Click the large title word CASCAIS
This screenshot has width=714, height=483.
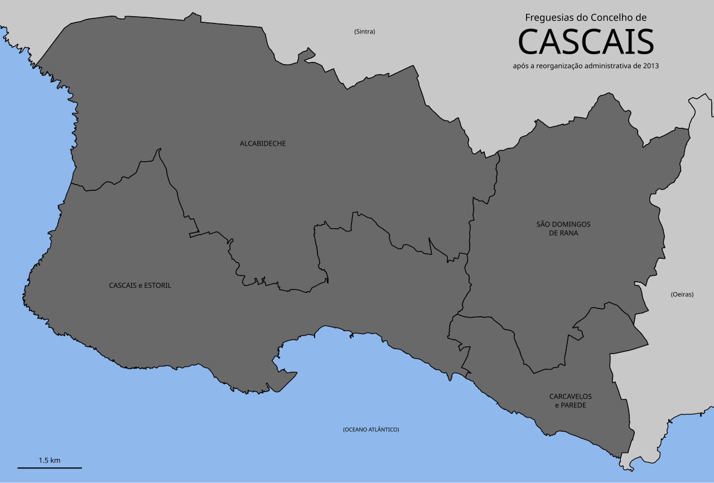pos(586,42)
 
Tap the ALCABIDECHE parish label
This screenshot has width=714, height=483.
pos(263,144)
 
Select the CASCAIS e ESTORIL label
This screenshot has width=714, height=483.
pos(140,286)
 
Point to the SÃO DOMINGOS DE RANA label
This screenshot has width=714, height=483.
pos(563,229)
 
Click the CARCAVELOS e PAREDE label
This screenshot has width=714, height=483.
pos(571,400)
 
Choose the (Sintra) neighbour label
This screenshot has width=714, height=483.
pos(365,32)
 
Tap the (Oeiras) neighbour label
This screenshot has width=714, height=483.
pos(682,294)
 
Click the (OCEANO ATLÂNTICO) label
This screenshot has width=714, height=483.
pos(371,429)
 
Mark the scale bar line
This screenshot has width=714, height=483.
pos(50,467)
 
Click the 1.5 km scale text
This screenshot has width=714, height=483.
pos(50,461)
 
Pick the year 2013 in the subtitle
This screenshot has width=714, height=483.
pos(650,66)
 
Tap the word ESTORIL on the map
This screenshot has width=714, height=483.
pos(158,286)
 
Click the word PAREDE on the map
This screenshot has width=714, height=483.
pos(574,405)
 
